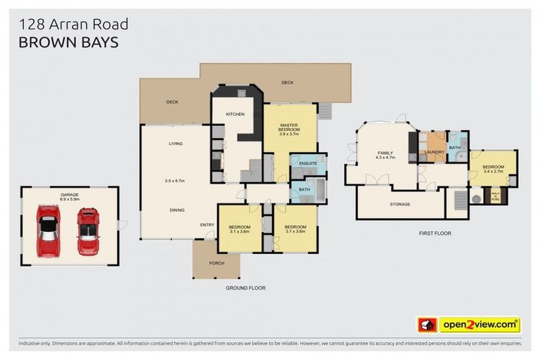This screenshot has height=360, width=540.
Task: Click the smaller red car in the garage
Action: (88, 231)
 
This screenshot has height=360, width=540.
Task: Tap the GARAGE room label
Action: (69, 195)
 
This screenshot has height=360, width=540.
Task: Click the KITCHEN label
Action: (234, 114)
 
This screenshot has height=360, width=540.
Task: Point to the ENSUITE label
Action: (307, 164)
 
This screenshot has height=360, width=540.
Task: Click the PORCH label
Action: (216, 264)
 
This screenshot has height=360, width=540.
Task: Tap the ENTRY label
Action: (207, 225)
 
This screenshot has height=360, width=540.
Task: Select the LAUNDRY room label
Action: (433, 152)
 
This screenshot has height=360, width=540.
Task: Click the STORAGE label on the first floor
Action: (399, 204)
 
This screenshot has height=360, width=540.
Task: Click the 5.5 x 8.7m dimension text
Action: (174, 181)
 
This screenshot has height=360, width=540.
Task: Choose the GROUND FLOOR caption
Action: (245, 288)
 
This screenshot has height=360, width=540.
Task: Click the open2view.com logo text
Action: (480, 325)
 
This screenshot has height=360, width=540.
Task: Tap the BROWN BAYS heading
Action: (67, 42)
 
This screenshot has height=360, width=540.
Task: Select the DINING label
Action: (176, 209)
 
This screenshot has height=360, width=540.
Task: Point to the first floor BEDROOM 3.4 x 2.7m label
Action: (493, 167)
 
